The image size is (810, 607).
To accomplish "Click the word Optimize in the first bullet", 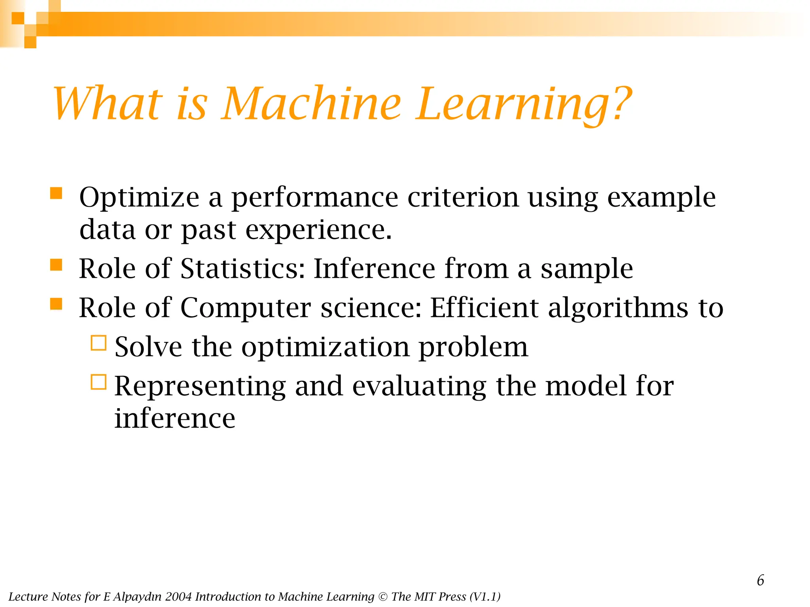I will pos(139,197).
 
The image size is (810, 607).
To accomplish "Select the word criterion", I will pos(463,197).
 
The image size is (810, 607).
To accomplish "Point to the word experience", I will pos(318,230).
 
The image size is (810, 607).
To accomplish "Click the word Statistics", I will pos(243,269).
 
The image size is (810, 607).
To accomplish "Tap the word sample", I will pos(587,269).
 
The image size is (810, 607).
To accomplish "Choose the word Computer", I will pos(246,308).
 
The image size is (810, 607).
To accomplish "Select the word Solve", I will pos(148,347).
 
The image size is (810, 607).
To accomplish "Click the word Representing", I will pos(200,386).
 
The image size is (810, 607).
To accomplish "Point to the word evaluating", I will pos(419,386).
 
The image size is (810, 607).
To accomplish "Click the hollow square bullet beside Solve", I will pos(98,343).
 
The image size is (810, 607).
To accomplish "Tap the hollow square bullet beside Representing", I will pos(98,382).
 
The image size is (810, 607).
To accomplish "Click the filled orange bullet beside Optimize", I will pos(56,193).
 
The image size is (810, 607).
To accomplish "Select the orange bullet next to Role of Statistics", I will pos(56,265).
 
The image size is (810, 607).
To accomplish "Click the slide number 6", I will pos(760,581).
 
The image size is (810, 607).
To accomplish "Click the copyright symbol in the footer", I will pos(382,597).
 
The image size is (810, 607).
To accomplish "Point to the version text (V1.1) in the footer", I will pos(485,597).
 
